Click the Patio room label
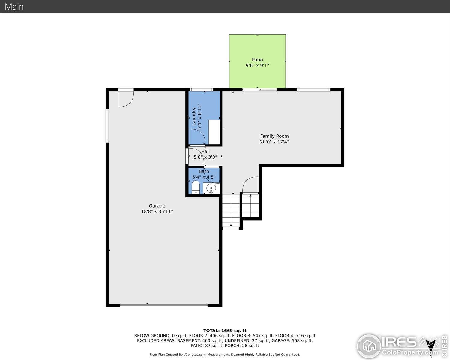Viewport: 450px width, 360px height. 257,60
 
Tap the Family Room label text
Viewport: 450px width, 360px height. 274,136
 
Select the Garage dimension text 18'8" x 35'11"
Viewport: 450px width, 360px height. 157,212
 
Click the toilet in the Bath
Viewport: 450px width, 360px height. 196,187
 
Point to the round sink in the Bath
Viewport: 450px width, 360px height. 211,188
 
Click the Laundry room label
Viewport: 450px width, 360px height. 194,116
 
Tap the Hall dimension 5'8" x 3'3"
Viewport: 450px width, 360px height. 205,157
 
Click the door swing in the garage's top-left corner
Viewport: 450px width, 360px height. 125,98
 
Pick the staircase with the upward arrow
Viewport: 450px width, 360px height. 250,205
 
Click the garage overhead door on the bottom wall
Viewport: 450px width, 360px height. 164,306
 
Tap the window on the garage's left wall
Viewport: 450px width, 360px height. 107,125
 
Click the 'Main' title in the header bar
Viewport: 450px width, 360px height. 14,7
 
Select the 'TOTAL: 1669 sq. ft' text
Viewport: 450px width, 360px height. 225,331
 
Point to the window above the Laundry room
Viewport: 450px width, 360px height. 202,90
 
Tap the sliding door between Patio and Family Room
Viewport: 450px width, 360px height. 259,90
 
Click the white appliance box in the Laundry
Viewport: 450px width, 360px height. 214,132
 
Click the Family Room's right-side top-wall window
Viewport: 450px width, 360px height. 313,90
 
